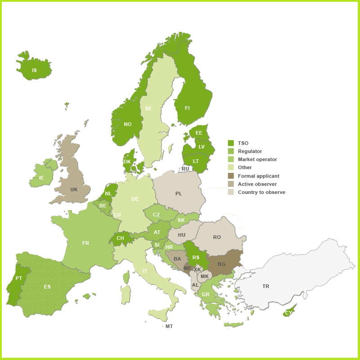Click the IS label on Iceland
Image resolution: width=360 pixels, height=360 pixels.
(x=34, y=71)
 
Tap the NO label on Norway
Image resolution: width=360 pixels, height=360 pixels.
(x=128, y=125)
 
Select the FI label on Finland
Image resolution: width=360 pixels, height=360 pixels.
(x=187, y=108)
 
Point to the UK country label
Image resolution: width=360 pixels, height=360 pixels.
(x=74, y=189)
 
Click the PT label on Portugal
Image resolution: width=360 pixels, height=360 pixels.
(x=18, y=279)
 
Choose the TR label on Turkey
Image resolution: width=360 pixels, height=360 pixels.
(x=266, y=287)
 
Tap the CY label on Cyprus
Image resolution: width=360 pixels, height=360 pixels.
(x=288, y=313)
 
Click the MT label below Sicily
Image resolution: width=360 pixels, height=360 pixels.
(x=169, y=326)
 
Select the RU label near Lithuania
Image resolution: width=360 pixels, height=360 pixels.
(x=185, y=169)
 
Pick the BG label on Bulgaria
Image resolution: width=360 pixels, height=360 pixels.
(x=221, y=264)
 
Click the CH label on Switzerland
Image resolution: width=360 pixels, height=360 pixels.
(x=120, y=238)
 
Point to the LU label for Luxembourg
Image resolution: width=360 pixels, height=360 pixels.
(x=117, y=215)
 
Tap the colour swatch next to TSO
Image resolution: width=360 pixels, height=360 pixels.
(x=231, y=143)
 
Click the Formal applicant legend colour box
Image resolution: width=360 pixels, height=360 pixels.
(x=231, y=176)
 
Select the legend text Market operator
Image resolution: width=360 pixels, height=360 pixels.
(x=257, y=159)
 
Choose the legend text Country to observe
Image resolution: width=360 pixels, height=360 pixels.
(x=261, y=192)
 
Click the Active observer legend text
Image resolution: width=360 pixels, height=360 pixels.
(x=257, y=184)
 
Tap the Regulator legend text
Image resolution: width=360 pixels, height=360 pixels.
(x=250, y=151)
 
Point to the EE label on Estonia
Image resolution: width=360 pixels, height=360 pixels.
(x=198, y=133)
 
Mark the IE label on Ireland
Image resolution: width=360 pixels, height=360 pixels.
(x=41, y=178)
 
